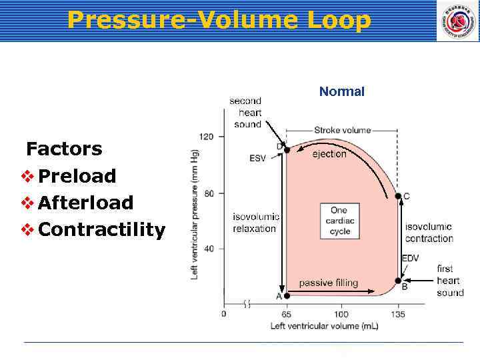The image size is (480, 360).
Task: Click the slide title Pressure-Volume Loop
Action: pyautogui.click(x=219, y=20)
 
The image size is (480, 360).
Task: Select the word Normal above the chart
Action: pyautogui.click(x=341, y=91)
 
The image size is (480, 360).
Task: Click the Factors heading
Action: pyautogui.click(x=64, y=148)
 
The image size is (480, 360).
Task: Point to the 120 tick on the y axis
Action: pyautogui.click(x=207, y=137)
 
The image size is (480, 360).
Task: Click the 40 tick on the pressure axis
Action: pyautogui.click(x=209, y=249)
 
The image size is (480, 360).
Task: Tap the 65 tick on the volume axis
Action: pyautogui.click(x=286, y=314)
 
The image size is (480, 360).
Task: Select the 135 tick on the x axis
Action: pyautogui.click(x=397, y=314)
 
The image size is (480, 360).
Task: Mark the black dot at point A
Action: pyautogui.click(x=287, y=295)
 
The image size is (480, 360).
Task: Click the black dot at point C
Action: pyautogui.click(x=398, y=196)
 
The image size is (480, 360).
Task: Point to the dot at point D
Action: pyautogui.click(x=287, y=150)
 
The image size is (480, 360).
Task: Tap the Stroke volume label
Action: pyautogui.click(x=342, y=130)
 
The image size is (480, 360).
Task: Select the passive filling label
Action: pyautogui.click(x=328, y=283)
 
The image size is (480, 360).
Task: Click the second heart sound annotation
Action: pyautogui.click(x=247, y=113)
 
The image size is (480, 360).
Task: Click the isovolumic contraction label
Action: pyautogui.click(x=429, y=233)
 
